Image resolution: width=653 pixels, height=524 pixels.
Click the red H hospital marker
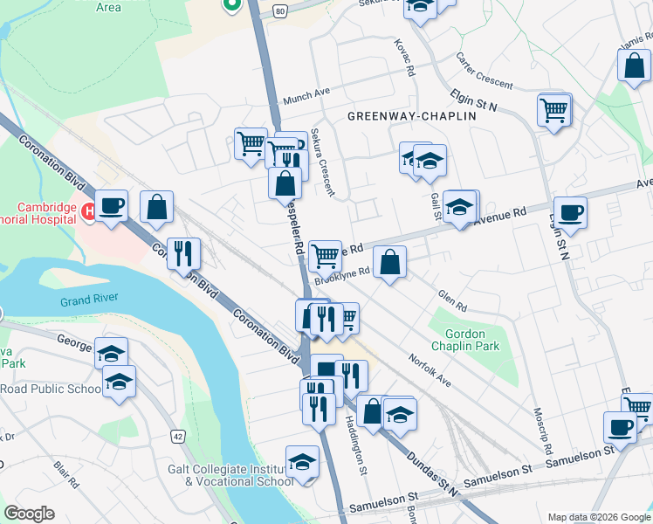(88, 211)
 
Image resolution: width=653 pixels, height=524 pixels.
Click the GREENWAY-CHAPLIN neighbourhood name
(412, 116)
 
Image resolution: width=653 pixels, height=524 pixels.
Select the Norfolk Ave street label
(431, 370)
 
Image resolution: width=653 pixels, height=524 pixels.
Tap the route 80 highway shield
(278, 11)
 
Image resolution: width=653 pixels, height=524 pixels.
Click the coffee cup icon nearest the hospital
(111, 206)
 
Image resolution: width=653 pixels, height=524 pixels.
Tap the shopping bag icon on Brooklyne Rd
(390, 261)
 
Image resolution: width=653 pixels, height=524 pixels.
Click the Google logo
(29, 514)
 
